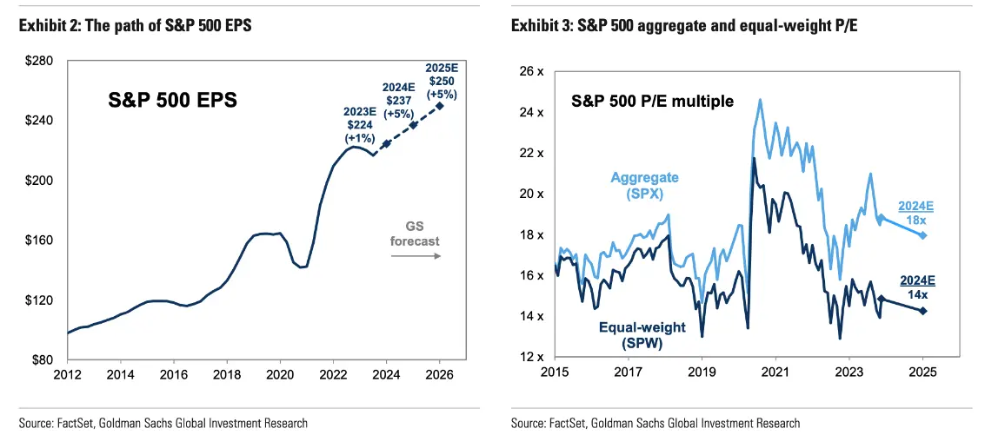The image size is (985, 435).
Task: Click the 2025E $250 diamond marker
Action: [440, 106]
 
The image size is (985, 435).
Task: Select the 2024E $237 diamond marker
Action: [414, 125]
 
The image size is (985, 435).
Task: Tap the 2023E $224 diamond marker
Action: [386, 143]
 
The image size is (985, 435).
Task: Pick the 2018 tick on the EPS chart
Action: [227, 375]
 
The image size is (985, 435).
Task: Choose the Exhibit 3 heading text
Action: [652, 26]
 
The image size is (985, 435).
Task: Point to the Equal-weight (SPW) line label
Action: [642, 335]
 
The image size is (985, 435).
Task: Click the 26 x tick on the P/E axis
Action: [533, 71]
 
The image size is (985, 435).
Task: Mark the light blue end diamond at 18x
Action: [923, 235]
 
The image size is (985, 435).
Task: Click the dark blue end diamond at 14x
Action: [923, 311]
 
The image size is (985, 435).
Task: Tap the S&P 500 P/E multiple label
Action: [652, 102]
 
